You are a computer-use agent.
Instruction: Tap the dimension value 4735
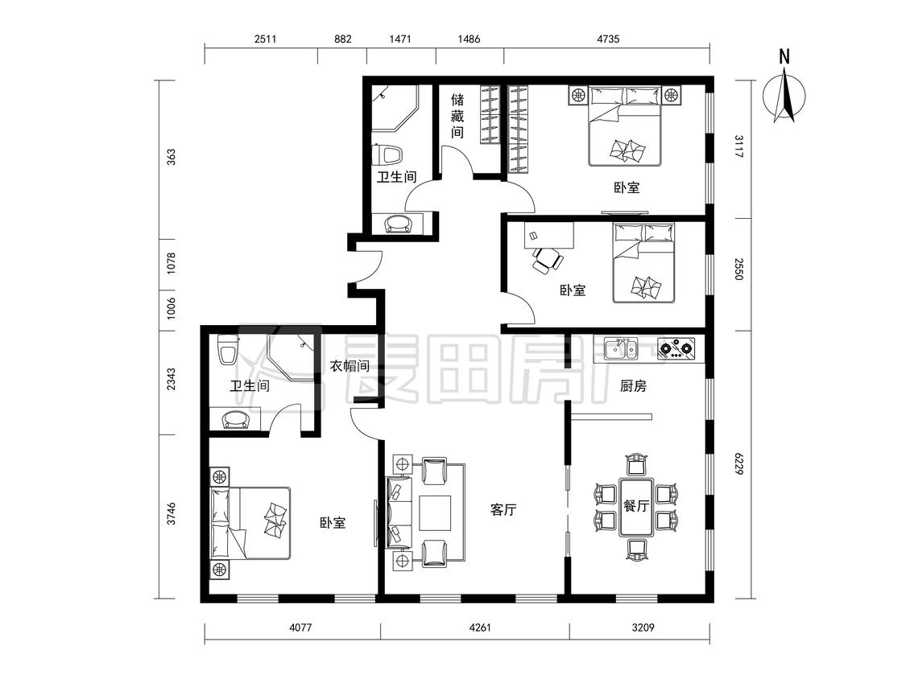[x=608, y=39]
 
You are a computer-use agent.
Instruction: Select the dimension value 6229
[x=739, y=463]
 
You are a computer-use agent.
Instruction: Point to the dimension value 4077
[x=300, y=627]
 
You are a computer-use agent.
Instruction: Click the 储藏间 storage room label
[x=457, y=116]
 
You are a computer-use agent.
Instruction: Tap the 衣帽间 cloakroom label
[x=350, y=366]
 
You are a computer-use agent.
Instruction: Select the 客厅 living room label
[x=503, y=510]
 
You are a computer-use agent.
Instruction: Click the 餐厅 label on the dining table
[x=636, y=506]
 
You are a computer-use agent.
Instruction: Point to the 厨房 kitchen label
[x=633, y=386]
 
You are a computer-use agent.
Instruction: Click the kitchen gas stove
[x=676, y=348]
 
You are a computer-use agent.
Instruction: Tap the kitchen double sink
[x=621, y=348]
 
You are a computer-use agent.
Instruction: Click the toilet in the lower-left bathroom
[x=228, y=350]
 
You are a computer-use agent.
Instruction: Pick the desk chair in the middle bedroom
[x=547, y=260]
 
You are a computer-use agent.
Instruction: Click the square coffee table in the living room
[x=435, y=512]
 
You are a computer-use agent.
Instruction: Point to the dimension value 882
[x=342, y=39]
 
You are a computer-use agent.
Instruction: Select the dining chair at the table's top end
[x=636, y=465]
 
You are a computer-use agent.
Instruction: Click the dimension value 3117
[x=739, y=146]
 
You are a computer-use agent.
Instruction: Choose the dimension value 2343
[x=171, y=380]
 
